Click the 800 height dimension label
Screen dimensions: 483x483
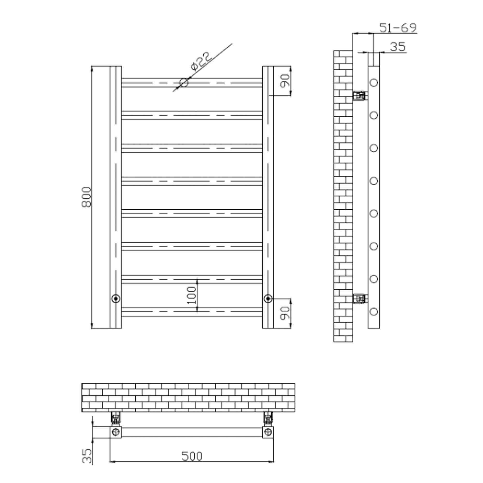click(86, 197)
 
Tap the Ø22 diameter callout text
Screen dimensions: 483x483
click(201, 61)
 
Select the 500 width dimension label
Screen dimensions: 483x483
click(192, 456)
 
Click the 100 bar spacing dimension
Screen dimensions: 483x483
click(192, 295)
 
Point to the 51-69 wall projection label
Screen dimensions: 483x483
click(398, 28)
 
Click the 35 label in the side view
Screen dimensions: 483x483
click(398, 47)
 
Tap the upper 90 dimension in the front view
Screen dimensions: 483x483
click(285, 81)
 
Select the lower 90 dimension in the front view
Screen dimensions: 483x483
click(285, 313)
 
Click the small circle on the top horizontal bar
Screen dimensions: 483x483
click(184, 83)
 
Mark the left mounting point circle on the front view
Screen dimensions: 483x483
click(116, 298)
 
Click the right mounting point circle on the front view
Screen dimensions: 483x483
click(268, 298)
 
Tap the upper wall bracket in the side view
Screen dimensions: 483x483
click(360, 95)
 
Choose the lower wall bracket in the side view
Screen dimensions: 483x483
click(360, 298)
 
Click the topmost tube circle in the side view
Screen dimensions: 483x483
click(374, 83)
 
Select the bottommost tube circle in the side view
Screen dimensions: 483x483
click(374, 312)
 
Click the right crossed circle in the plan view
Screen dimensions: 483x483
click(268, 432)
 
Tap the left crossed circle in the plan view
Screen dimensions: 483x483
click(116, 432)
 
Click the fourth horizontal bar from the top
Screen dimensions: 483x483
click(192, 181)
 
